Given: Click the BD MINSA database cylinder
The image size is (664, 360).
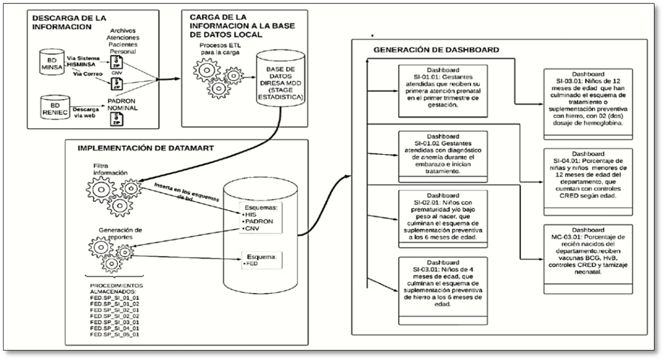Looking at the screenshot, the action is coord(52,62).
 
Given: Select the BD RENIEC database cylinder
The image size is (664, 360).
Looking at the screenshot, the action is coord(55,107).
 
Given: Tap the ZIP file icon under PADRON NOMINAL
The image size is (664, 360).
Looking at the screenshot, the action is coord(117,119).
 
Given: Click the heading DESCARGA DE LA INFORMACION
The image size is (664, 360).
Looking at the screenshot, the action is coord(69,23).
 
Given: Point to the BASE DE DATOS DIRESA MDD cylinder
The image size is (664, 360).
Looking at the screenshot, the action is coord(280,78).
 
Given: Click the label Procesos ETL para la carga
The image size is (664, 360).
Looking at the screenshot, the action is coord(220,49).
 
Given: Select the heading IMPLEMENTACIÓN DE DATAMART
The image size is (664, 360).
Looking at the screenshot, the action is coord(146,148).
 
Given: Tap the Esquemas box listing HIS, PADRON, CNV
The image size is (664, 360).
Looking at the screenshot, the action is coord(260,218).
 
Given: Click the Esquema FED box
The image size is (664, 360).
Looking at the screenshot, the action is coord(261,260).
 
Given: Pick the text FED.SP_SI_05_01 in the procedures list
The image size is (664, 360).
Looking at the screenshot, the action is coord(114,334).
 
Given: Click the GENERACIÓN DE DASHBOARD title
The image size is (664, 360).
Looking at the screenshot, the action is coord(436,50).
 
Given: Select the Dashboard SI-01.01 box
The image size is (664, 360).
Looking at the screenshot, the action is coord(443,91).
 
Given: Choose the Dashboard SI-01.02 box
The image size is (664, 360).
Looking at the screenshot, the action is coord(443,157).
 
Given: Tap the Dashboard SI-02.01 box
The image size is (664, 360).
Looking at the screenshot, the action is coord(443,219).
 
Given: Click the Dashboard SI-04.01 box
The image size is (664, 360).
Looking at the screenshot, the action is coord(588,182).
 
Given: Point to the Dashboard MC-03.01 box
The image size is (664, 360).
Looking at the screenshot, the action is coord(588,259).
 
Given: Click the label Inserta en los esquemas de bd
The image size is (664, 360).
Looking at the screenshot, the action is coord(187,193).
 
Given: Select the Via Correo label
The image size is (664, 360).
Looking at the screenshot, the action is coord(88,74).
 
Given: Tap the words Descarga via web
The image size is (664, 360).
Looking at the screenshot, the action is coord(86,113).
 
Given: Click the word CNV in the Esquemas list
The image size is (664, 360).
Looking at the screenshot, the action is coord(252,228).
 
